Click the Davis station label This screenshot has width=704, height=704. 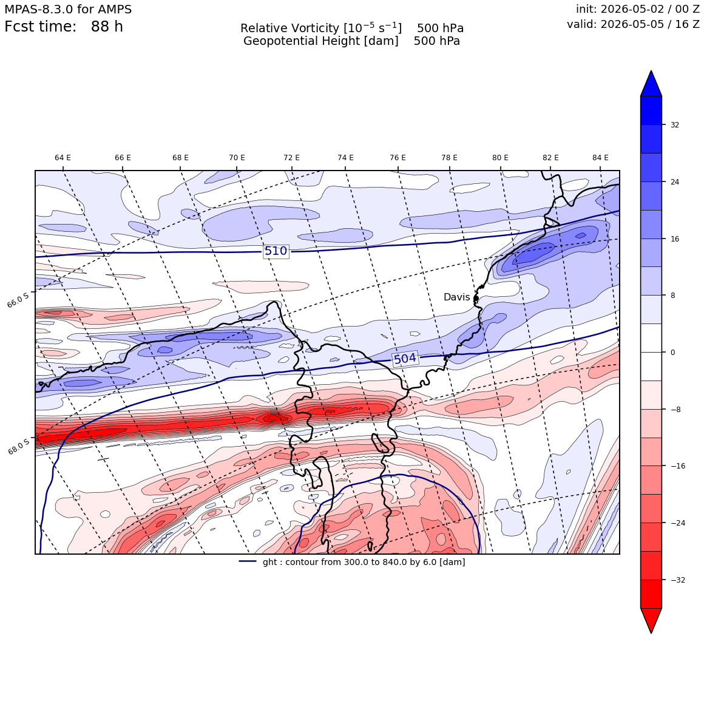point(456,297)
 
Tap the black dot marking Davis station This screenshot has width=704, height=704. point(476,298)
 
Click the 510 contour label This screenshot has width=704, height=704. point(276,251)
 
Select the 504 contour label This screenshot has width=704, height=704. point(405,359)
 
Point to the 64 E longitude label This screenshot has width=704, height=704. point(63,158)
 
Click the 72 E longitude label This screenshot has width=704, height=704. point(291,158)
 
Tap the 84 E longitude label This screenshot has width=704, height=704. point(600,158)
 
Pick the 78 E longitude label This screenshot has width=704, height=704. point(450,158)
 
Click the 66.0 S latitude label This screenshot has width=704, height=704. point(18,299)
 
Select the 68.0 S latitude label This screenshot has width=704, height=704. point(18,446)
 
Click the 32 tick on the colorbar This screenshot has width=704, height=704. point(675,125)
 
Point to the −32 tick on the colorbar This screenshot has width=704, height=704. point(678,580)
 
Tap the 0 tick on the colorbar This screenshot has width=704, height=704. point(672,353)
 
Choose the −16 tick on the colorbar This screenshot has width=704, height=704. point(678,466)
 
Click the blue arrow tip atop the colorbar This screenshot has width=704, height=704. point(651,71)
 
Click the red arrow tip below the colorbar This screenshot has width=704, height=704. point(651,632)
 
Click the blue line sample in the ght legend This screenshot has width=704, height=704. point(248,561)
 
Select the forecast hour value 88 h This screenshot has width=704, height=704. point(107,27)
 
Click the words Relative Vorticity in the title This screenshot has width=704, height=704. point(289,29)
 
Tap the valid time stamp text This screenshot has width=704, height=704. point(633,24)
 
